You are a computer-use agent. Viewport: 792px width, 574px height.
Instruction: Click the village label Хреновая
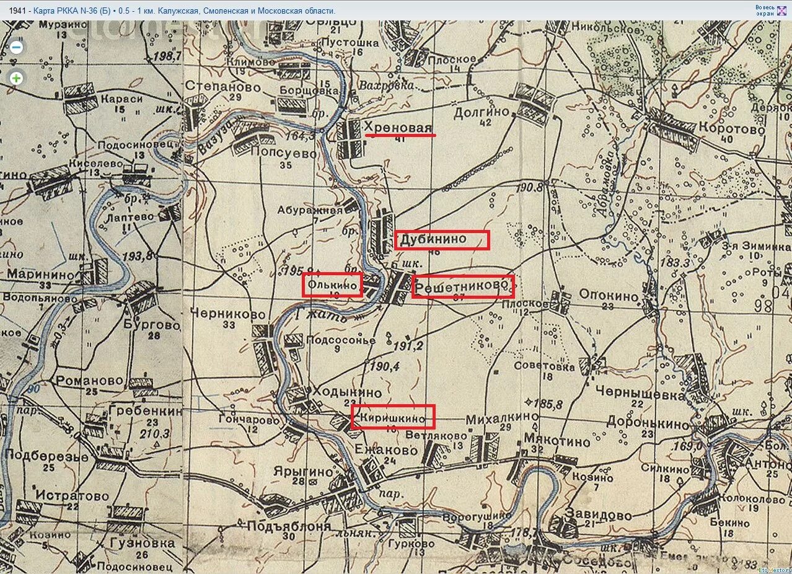(398, 128)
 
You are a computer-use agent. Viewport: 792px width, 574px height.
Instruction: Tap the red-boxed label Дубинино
(441, 240)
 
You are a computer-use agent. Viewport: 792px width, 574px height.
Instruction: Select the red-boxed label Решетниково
(463, 286)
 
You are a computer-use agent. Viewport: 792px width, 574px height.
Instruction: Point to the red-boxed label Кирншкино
(392, 417)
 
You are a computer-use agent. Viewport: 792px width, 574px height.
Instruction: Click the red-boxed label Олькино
(332, 285)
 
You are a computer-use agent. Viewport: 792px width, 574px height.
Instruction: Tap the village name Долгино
(481, 112)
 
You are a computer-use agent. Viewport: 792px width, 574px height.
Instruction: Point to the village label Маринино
(38, 273)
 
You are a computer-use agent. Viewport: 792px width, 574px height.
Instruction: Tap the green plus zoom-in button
(17, 78)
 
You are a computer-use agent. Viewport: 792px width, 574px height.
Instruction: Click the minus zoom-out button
(17, 47)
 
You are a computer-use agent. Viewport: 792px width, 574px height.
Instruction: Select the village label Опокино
(609, 296)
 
